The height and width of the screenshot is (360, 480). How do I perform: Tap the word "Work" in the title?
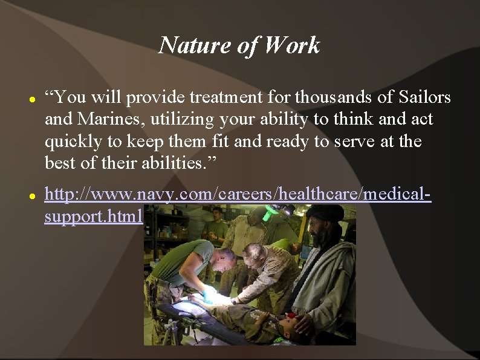pos(292,45)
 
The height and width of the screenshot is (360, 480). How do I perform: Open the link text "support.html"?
pos(93,216)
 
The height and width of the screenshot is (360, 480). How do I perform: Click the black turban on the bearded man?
pos(324,213)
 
